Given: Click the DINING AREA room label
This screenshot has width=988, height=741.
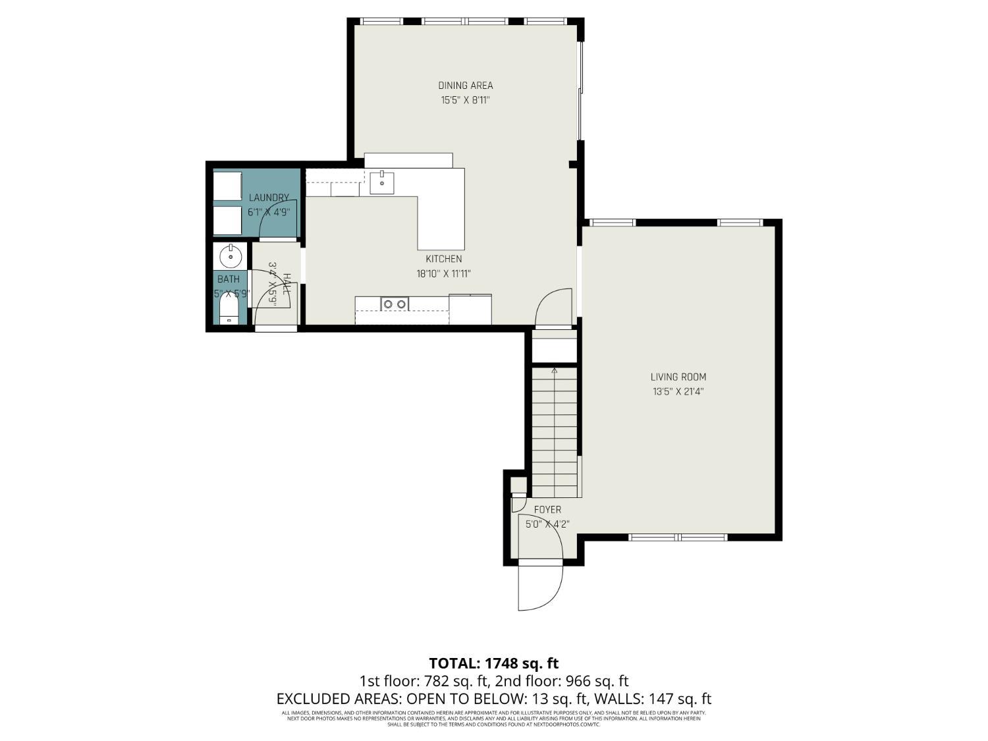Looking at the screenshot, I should coord(466,85).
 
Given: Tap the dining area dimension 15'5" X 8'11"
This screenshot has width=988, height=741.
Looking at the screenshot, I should coord(466,101).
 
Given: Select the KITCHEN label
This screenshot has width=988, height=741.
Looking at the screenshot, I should coord(443,259).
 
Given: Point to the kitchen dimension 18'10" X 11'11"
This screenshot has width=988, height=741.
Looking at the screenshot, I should coord(443,274).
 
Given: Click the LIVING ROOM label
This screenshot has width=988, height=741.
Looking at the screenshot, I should coord(678,377).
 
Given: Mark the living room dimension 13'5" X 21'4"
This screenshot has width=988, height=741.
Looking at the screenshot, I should coord(678,392).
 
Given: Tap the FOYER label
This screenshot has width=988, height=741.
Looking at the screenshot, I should coord(547,510).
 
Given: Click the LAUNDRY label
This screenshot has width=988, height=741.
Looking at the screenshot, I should coord(269,198).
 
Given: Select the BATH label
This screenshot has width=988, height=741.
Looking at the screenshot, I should coord(229,279).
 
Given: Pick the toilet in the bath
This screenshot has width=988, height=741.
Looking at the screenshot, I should coord(229,312).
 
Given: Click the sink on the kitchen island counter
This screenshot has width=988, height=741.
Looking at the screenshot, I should coord(382,182).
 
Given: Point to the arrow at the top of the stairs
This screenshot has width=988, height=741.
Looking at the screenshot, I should coord(554,371).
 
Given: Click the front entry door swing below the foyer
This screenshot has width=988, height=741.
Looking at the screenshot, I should coord(540,586).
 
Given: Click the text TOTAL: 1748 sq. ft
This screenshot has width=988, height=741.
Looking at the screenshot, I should coord(493,663).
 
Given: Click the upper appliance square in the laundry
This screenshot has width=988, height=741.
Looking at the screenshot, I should coord(228,185).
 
